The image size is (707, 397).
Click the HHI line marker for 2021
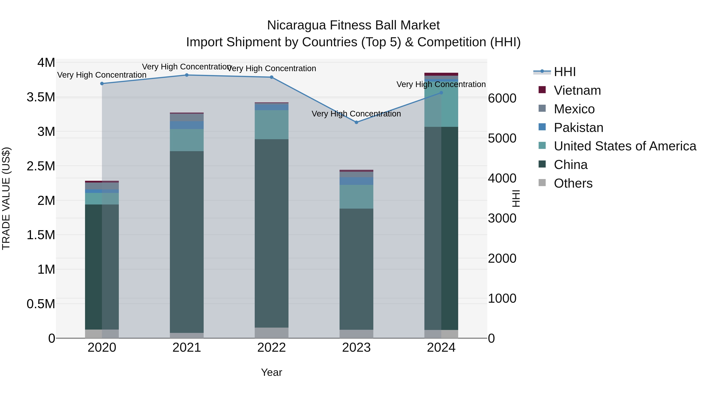coord(187,75)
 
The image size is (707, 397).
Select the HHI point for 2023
coord(356,122)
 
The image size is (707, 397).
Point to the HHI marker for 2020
coord(102,84)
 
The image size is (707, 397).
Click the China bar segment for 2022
coord(271,233)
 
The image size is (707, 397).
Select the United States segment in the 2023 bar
coord(356,197)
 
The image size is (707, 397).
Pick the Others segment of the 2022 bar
coord(271,333)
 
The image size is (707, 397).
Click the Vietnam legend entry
coord(577,90)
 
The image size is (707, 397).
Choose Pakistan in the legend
coord(578,128)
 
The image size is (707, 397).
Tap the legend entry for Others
coord(573,183)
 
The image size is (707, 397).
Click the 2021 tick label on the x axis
coord(187,348)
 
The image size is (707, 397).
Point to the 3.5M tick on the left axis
coord(41,97)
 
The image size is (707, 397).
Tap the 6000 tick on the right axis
coord(502,98)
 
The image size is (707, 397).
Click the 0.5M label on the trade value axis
coord(41,304)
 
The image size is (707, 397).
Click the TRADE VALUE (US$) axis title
coord(6,198)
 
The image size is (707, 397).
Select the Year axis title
coord(271,372)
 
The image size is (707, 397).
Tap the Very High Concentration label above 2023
coord(356,114)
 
